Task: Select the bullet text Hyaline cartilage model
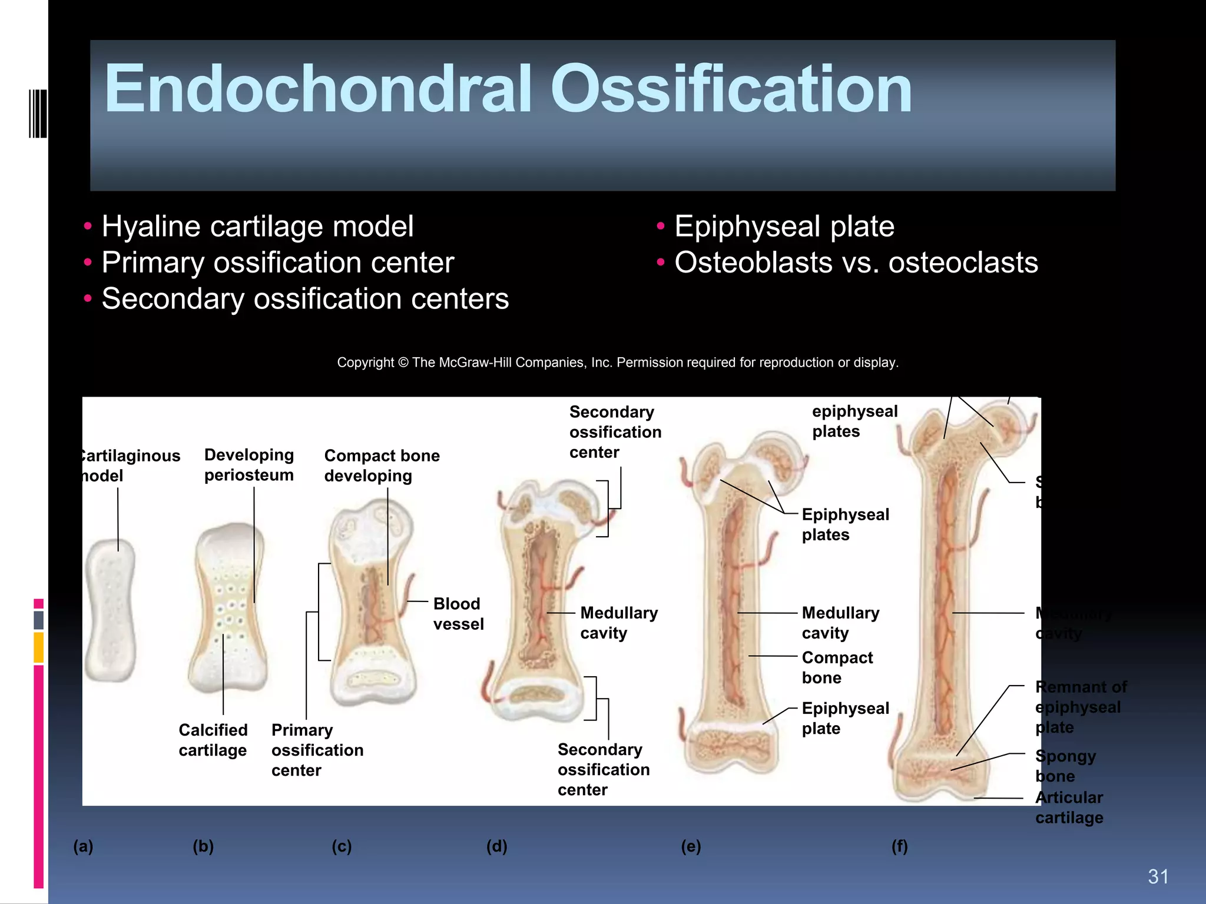tap(257, 227)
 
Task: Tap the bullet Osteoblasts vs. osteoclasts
tap(856, 262)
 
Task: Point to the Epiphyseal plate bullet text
tap(784, 227)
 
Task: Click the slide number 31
tap(1158, 877)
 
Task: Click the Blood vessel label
tap(458, 614)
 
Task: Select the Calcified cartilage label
tap(213, 740)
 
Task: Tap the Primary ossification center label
tap(317, 750)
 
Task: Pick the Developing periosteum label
tap(249, 465)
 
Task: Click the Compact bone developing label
tap(382, 466)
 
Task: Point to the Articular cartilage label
tap(1069, 807)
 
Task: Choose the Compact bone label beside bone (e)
tap(837, 667)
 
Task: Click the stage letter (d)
tap(496, 846)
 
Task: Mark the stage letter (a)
tap(83, 846)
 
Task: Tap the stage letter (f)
tap(899, 846)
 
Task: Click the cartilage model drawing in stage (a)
tap(111, 610)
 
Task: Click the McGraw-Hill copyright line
tap(617, 363)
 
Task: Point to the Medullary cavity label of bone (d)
tap(618, 623)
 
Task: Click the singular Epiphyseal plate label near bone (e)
tap(845, 718)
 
